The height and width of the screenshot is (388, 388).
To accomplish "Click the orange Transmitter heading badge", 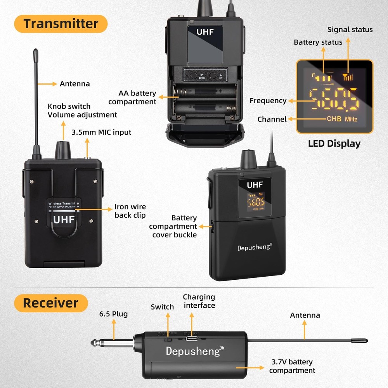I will click(61, 24).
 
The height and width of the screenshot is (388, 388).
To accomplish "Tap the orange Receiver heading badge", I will click(51, 303).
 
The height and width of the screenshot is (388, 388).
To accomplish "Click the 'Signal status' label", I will click(350, 29).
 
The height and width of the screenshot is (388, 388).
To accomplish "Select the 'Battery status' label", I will click(318, 42).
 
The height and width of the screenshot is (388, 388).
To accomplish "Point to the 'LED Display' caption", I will click(334, 144).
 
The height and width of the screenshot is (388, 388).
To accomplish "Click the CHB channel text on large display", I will click(334, 119).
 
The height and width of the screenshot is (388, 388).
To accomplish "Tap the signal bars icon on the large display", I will click(348, 77).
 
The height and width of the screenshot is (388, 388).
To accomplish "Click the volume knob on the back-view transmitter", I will click(63, 150).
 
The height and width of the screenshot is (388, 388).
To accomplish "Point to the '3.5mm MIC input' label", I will click(101, 132).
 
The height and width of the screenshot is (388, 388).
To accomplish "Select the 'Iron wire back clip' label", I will click(130, 211).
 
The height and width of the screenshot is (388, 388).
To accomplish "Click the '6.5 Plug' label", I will click(114, 314).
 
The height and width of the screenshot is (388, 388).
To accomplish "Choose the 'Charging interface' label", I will click(199, 301).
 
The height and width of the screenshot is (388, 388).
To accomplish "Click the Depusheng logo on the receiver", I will click(195, 351).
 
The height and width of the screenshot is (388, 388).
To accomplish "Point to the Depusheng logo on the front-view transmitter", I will click(255, 247).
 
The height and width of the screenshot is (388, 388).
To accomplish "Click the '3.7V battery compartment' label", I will click(292, 366).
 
